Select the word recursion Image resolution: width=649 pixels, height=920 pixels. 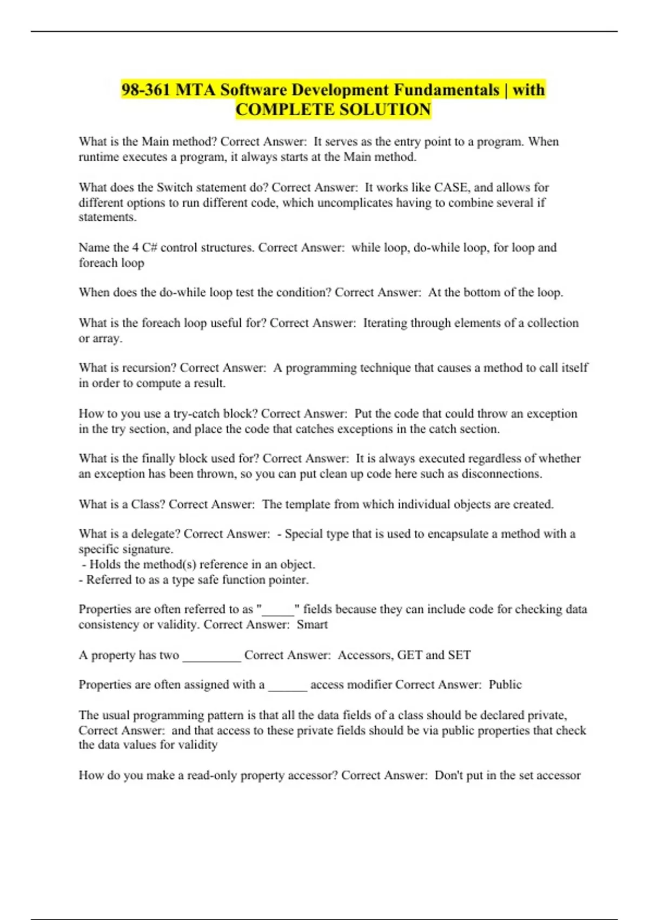click(x=149, y=368)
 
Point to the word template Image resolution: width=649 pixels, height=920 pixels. click(x=307, y=504)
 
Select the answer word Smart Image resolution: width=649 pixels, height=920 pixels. click(x=312, y=625)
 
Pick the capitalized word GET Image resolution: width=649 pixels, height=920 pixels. click(x=409, y=655)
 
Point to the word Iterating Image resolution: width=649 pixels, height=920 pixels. click(x=385, y=323)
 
